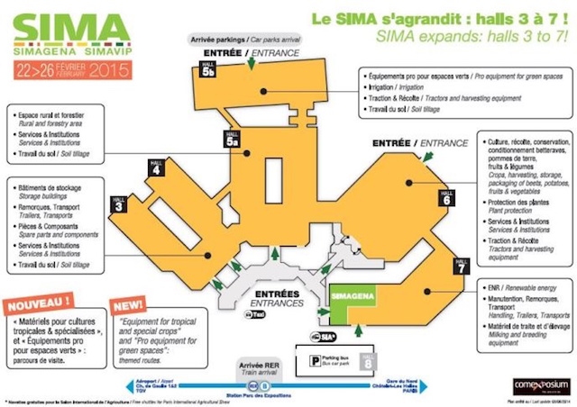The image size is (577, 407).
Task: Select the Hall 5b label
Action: coord(208,72)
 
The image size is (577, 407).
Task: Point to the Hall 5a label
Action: coord(232,139)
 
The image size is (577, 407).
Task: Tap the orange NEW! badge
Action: coord(128,304)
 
